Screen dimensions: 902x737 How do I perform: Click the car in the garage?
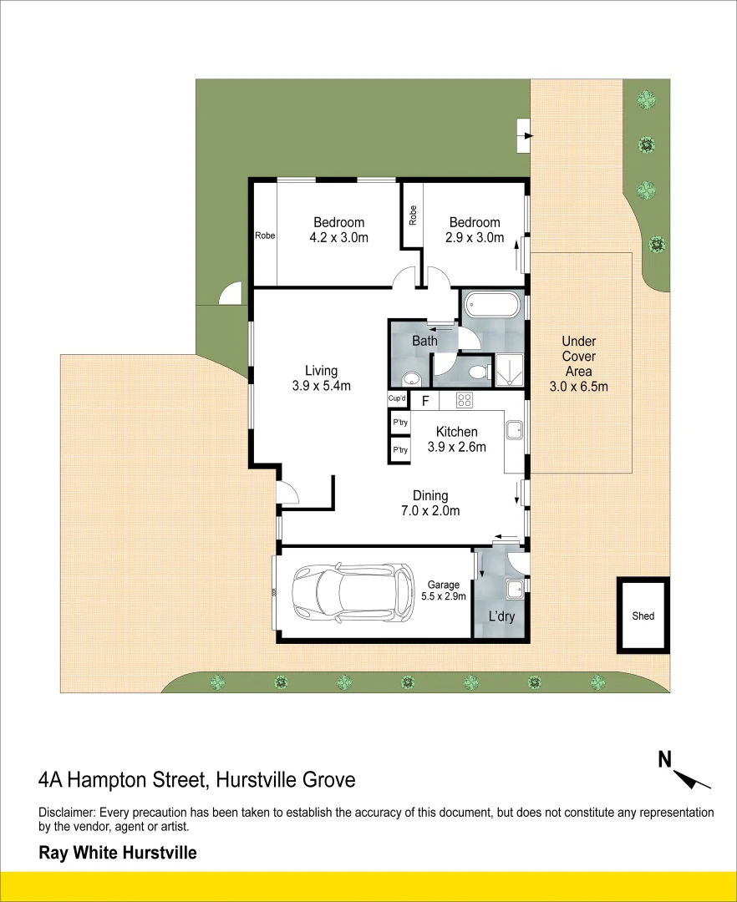click(352, 592)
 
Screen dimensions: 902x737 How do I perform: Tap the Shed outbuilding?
click(643, 616)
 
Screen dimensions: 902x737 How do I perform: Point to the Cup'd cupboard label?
click(398, 399)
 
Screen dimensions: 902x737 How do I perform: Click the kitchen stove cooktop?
click(464, 400)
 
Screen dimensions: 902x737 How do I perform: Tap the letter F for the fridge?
click(424, 401)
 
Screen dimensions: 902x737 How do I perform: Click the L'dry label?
click(501, 617)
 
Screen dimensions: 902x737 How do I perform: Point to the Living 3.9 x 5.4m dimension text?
click(321, 378)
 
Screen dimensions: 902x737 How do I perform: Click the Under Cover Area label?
click(578, 363)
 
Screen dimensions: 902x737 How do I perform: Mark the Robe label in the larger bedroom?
click(265, 236)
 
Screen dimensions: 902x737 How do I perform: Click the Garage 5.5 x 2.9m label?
click(446, 590)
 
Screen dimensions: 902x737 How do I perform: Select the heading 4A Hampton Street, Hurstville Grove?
click(197, 780)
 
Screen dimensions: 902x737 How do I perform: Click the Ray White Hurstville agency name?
click(118, 853)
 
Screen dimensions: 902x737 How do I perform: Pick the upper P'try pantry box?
click(400, 423)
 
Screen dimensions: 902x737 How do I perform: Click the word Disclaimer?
click(67, 813)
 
